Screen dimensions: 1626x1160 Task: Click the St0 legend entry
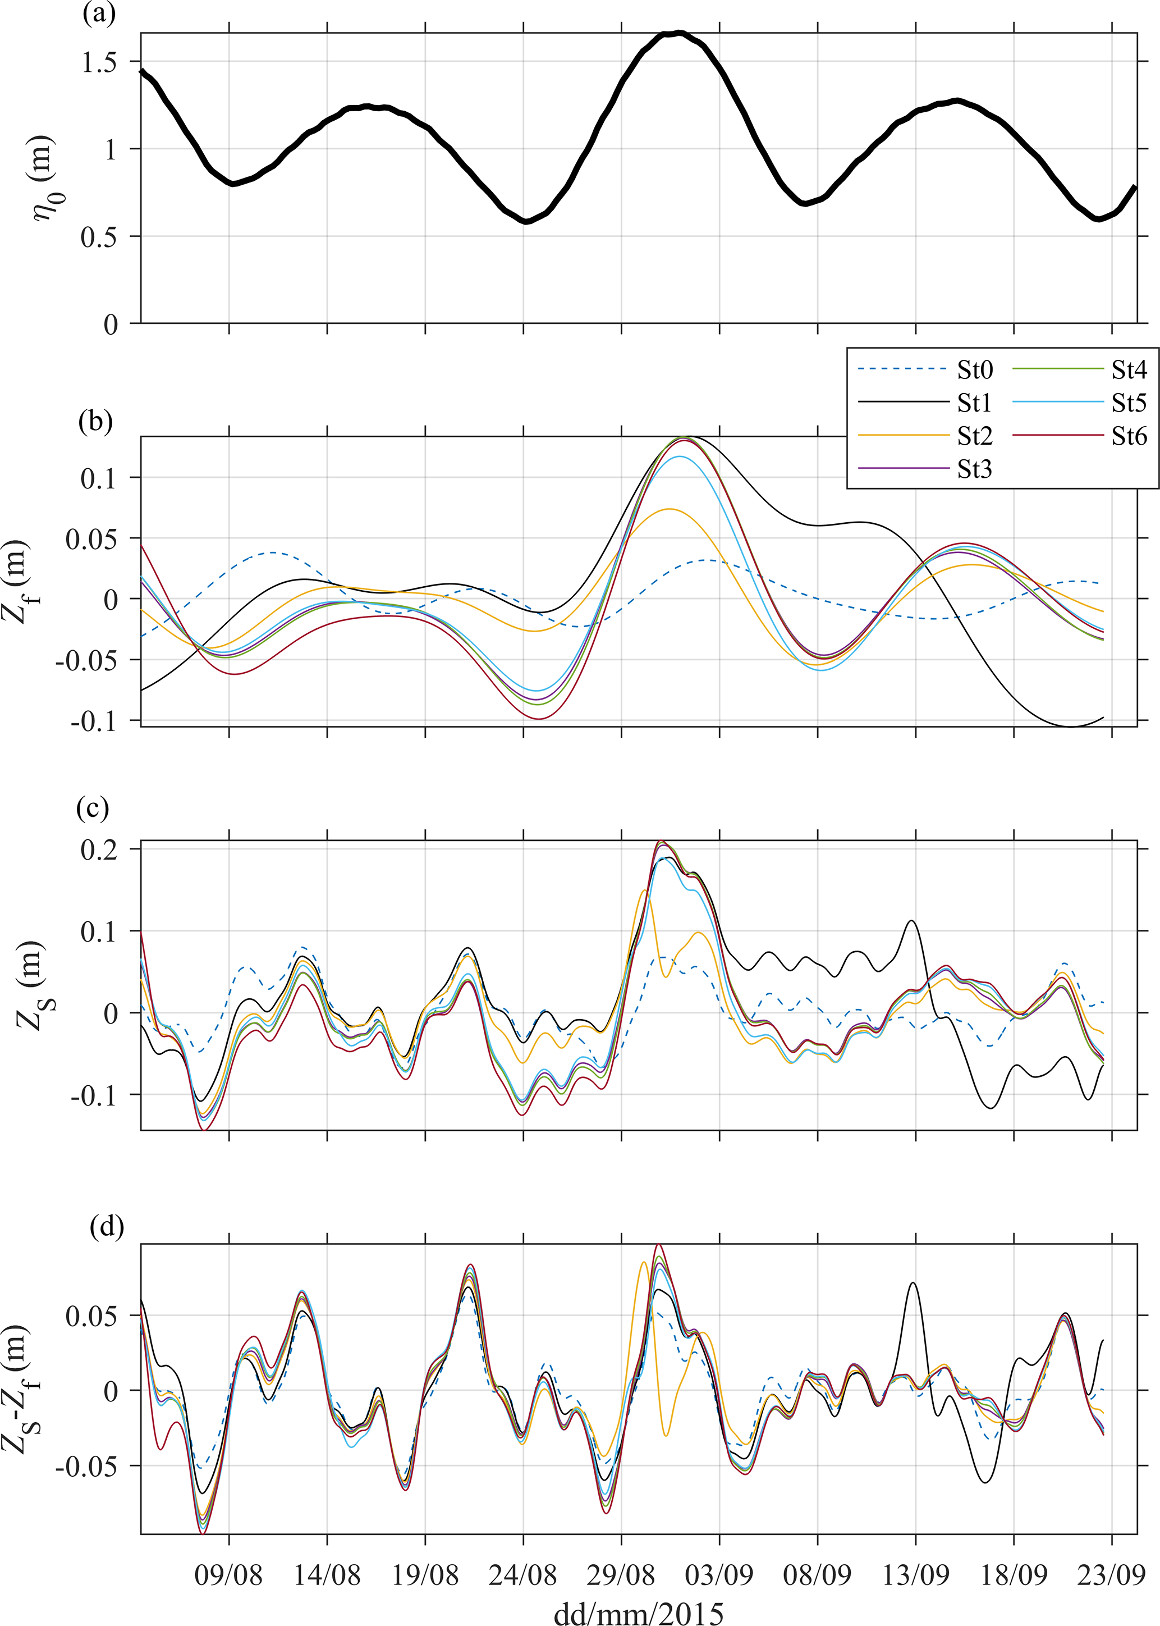tap(974, 370)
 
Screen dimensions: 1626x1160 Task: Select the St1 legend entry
tap(974, 403)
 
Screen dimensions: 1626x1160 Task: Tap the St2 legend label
tap(974, 436)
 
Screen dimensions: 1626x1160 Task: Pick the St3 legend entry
tap(974, 469)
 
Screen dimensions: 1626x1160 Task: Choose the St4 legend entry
tap(1129, 370)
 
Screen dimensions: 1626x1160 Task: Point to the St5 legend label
tap(1129, 403)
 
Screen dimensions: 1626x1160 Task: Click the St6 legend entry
tap(1129, 436)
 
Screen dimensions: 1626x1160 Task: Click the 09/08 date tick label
tap(228, 1574)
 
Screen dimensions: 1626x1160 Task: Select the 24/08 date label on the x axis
tap(523, 1574)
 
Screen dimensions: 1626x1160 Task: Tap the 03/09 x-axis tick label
tap(719, 1574)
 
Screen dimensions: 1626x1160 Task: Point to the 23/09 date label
tap(1111, 1574)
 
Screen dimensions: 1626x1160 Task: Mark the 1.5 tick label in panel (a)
tap(99, 63)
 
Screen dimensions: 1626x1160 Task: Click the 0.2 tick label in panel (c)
tap(99, 850)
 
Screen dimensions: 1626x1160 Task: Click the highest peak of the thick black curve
tap(678, 33)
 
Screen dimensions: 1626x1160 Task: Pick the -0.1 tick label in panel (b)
tap(93, 721)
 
